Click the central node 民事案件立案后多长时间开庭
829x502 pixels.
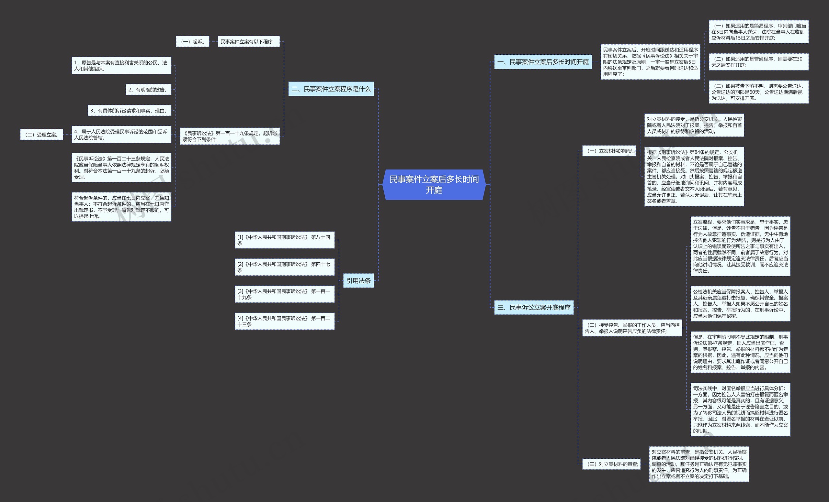[x=434, y=184]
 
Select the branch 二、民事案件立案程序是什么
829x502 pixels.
[x=331, y=89]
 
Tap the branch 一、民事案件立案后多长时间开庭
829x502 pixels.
[x=543, y=62]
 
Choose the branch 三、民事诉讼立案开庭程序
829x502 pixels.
[x=534, y=308]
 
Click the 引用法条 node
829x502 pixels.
[x=358, y=280]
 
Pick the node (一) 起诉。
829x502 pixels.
[x=192, y=42]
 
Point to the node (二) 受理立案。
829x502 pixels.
[x=41, y=135]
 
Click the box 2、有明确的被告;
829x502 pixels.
[x=148, y=90]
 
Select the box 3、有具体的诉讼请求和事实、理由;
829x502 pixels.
[x=130, y=111]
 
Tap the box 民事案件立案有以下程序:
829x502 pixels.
[x=249, y=42]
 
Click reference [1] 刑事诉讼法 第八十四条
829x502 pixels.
[x=284, y=240]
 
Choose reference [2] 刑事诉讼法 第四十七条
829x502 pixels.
[x=284, y=267]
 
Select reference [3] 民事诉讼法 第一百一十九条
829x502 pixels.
[x=284, y=294]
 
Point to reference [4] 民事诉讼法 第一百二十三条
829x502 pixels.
[x=284, y=321]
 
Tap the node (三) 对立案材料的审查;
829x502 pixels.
[x=611, y=464]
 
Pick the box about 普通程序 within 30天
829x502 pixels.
[x=758, y=62]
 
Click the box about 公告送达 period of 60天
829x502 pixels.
[x=758, y=92]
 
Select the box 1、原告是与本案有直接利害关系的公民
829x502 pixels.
[x=121, y=66]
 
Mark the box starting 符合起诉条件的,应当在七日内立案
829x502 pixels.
[x=121, y=207]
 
